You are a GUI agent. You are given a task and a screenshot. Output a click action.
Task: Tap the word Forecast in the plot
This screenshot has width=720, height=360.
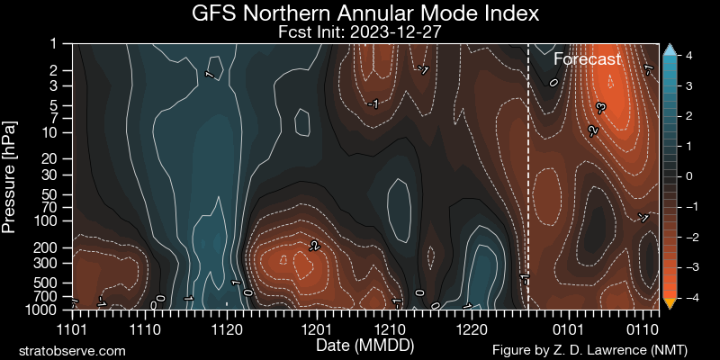pyautogui.click(x=587, y=59)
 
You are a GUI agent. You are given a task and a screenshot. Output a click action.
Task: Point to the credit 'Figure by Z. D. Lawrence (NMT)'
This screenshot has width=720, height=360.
pyautogui.click(x=603, y=349)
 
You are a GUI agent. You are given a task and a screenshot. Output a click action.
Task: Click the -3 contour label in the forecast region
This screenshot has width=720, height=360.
pyautogui.click(x=600, y=107)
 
